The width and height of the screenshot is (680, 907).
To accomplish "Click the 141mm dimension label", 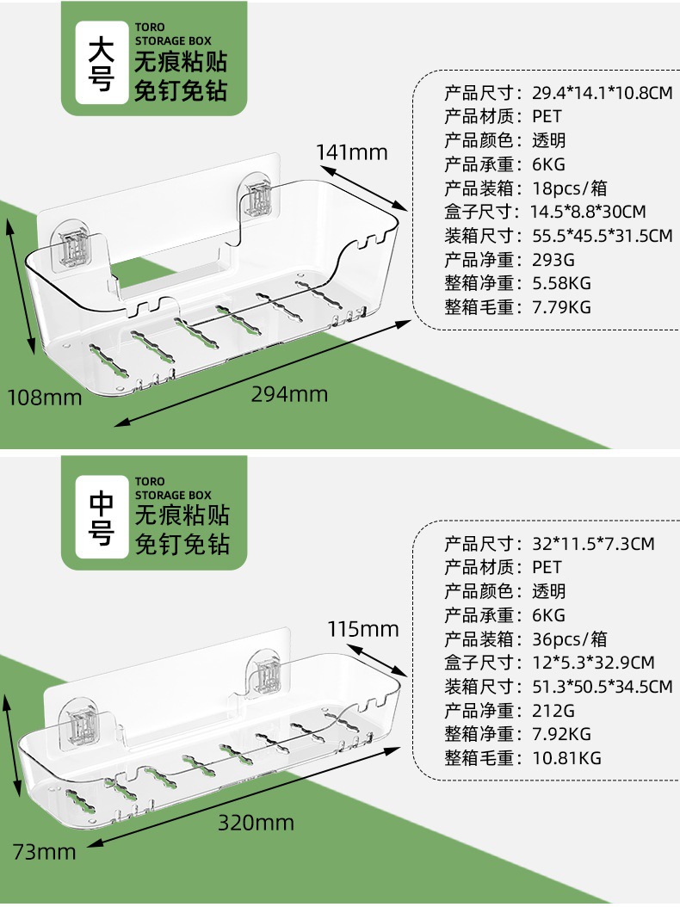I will point(351,152).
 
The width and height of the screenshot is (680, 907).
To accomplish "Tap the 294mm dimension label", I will point(289,394).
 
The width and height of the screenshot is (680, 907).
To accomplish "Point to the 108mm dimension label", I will point(45,397).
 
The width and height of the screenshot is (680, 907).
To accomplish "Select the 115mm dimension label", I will point(363,629).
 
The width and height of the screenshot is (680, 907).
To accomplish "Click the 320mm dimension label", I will point(256,823).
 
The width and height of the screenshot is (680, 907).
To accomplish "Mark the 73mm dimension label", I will point(45,852).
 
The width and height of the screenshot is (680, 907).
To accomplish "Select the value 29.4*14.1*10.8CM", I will point(602,92).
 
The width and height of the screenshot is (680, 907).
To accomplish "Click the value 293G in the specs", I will point(553,259).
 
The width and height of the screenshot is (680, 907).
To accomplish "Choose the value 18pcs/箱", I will point(569,188).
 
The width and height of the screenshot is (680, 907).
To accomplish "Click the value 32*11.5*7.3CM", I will point(593,544).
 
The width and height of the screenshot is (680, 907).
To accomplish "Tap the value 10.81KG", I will point(566,758).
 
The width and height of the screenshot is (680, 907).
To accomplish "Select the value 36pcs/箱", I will point(569,639).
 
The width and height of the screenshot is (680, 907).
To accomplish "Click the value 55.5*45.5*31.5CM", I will point(602,235).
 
